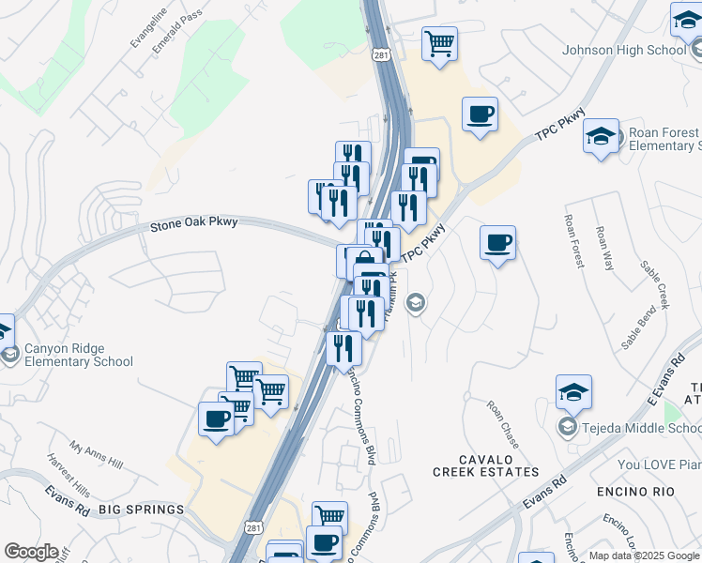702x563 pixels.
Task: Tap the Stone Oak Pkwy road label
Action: point(194,223)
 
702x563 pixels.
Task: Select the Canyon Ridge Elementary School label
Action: point(78,355)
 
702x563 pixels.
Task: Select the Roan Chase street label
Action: point(502,423)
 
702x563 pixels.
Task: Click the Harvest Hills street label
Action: point(69,478)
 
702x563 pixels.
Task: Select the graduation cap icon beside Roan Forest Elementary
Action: point(601,137)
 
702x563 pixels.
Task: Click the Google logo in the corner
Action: point(30,552)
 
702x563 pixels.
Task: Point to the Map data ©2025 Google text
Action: point(645,555)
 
